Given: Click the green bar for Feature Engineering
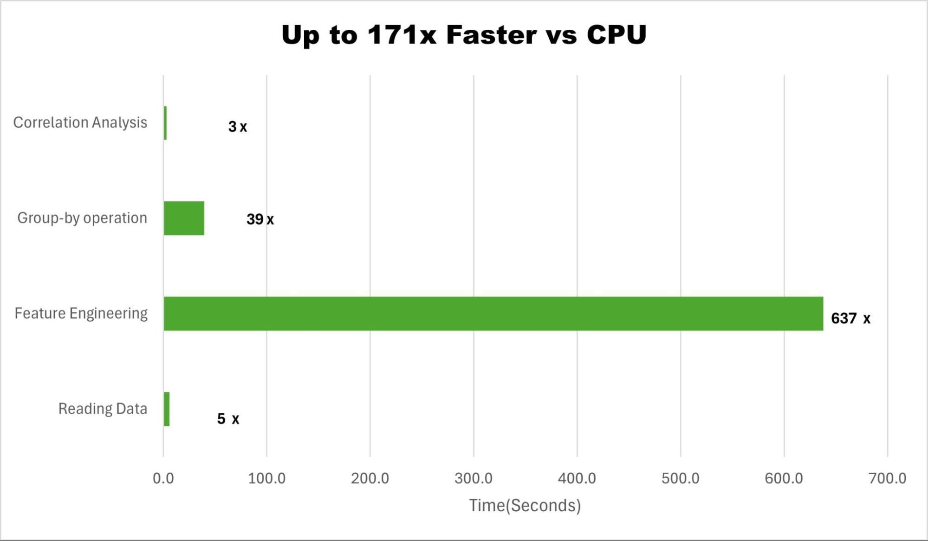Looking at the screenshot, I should pyautogui.click(x=493, y=314).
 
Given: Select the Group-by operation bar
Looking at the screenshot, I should pyautogui.click(x=184, y=218).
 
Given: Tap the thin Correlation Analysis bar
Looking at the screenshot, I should pyautogui.click(x=165, y=123).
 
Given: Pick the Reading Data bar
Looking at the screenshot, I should pyautogui.click(x=167, y=409).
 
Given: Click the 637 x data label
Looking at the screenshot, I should pyautogui.click(x=850, y=318).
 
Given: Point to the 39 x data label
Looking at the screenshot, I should pyautogui.click(x=260, y=219).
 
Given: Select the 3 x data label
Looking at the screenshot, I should pyautogui.click(x=237, y=126).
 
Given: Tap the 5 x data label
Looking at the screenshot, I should pyautogui.click(x=228, y=419).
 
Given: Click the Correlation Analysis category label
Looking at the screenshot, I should pyautogui.click(x=80, y=123).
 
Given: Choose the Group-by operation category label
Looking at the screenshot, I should pyautogui.click(x=82, y=218).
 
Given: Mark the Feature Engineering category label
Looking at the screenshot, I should pyautogui.click(x=81, y=313).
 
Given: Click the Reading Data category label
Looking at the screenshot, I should pyautogui.click(x=103, y=409).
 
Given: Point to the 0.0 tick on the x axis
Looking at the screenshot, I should pyautogui.click(x=163, y=478).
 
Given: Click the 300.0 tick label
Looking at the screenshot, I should pyautogui.click(x=474, y=478).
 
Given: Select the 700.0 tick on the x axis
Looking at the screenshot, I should pyautogui.click(x=887, y=478).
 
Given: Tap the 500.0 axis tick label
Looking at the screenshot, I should pyautogui.click(x=681, y=478).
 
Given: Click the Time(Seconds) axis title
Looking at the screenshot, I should pyautogui.click(x=525, y=505).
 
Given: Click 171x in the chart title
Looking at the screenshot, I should pyautogui.click(x=402, y=35).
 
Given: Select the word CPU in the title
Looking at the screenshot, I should pyautogui.click(x=617, y=35).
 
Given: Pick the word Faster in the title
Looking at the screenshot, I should pyautogui.click(x=491, y=35).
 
